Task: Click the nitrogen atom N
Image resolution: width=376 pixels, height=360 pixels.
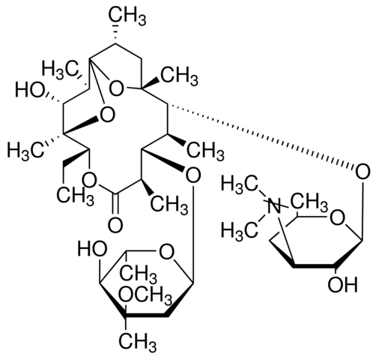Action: click(274, 205)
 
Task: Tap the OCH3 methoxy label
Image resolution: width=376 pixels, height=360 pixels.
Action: click(145, 295)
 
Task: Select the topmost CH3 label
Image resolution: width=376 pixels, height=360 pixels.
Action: click(127, 17)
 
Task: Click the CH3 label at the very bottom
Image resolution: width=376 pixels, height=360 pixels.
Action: click(138, 343)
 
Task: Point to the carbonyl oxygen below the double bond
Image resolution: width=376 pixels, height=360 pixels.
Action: click(115, 224)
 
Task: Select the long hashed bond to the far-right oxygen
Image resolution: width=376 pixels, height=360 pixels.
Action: click(261, 136)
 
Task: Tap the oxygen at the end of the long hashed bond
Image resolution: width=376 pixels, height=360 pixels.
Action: click(363, 172)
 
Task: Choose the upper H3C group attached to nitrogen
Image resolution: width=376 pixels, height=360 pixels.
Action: click(240, 184)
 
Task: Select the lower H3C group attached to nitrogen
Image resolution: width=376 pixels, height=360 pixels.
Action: click(240, 229)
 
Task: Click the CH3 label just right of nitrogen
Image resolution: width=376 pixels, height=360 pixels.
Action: click(309, 202)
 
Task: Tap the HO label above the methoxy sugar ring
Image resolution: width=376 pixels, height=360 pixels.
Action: click(92, 249)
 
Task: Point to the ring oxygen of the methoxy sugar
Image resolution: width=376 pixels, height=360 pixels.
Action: click(166, 252)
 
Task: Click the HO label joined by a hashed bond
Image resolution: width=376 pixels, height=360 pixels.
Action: click(30, 90)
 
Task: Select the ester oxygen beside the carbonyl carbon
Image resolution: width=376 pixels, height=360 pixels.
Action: click(89, 179)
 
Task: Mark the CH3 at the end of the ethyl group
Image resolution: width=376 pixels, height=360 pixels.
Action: click(75, 196)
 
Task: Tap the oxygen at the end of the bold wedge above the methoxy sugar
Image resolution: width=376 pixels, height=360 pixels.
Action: click(193, 175)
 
